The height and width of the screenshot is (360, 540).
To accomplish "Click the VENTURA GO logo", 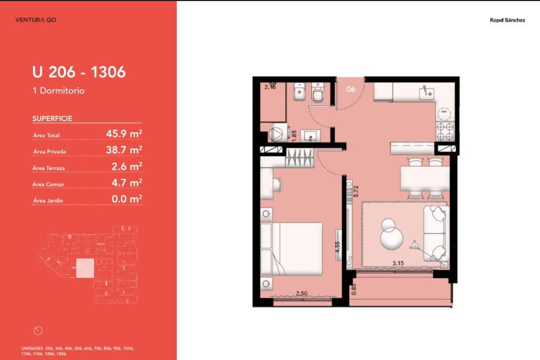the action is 36,20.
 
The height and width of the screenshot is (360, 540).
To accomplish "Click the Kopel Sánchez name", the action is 507,20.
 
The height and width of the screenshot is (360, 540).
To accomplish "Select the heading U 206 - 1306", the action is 79,72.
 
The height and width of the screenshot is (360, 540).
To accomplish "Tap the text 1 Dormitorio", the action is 58,91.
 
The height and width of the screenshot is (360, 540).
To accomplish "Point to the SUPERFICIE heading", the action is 52,118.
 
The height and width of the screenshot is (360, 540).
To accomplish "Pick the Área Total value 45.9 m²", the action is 124,134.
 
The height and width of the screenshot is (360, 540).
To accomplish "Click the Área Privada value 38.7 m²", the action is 124,150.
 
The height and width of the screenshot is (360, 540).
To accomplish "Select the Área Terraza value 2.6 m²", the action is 126,166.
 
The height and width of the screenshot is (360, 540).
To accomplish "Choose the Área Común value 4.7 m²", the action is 126,182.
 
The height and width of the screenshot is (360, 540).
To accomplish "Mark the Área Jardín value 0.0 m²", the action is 126,198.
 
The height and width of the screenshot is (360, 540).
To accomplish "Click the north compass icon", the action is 38,331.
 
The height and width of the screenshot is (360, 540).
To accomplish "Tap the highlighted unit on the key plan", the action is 85,268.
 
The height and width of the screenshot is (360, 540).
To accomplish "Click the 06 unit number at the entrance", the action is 351,89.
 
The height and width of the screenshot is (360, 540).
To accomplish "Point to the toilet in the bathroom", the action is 317,92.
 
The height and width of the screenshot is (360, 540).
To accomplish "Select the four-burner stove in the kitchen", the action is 445,131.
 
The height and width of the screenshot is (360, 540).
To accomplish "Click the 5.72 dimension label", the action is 356,191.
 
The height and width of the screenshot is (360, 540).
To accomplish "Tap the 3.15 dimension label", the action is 398,263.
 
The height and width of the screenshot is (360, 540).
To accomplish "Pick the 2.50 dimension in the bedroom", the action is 302,294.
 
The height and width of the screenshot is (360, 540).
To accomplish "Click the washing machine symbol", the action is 276,134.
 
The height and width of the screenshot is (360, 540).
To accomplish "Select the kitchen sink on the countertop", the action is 426,93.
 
